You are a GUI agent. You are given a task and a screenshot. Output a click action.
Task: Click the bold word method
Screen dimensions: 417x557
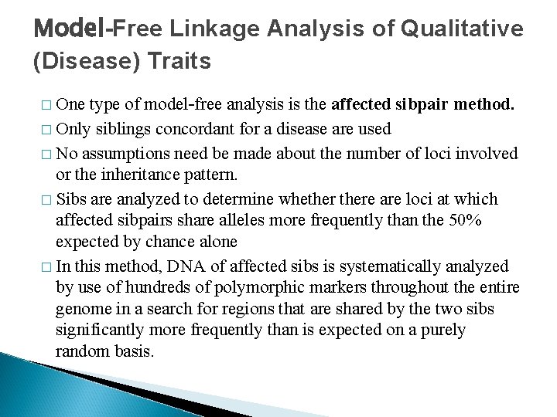[x=485, y=107]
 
